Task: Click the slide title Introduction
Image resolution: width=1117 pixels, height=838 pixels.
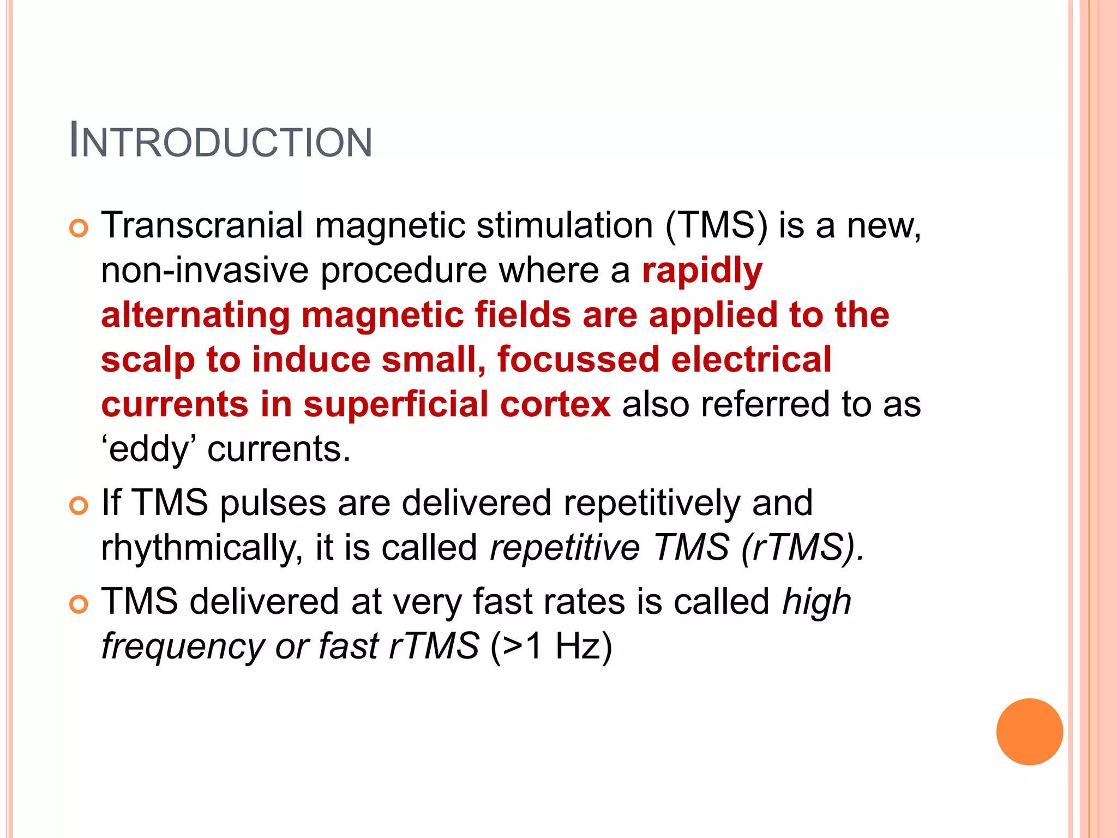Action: pos(221,141)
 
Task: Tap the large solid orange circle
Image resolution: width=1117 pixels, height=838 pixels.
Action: pos(1029,732)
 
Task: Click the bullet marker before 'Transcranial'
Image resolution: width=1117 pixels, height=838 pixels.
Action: pos(79,229)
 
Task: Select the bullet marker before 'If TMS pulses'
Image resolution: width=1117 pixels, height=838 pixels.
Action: pos(79,506)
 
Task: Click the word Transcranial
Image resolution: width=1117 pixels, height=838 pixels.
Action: pos(202,225)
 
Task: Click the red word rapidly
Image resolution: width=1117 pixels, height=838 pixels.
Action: pos(702,271)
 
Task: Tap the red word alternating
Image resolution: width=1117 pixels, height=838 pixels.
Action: pos(195,316)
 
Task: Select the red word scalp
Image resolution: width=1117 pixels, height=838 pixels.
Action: pos(147,361)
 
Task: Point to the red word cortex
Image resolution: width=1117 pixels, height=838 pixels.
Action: pos(555,404)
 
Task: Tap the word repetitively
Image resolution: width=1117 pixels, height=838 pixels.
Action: pos(652,502)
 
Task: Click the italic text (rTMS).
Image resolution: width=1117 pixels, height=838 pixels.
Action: pos(802,547)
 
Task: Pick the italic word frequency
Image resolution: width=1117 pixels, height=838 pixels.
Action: pos(183,647)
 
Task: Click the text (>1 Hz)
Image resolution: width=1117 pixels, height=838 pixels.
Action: pos(551,647)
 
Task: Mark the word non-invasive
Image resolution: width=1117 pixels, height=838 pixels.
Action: pos(205,271)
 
